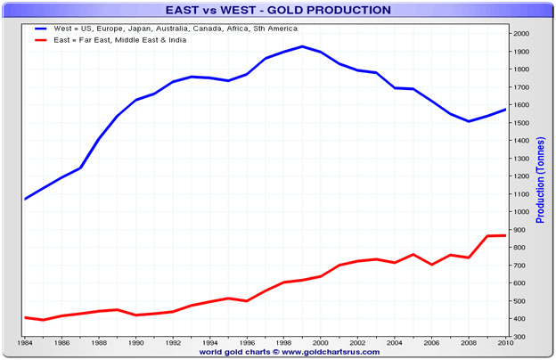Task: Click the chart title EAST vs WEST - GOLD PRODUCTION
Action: click(278, 10)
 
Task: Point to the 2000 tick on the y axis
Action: click(520, 33)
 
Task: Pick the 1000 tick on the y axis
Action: click(520, 212)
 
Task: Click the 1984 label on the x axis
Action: click(26, 343)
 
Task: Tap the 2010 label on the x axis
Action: click(505, 343)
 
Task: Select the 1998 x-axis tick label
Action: click(284, 343)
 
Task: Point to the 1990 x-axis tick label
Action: click(136, 343)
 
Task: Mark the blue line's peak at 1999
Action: click(302, 46)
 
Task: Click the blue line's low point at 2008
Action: click(469, 121)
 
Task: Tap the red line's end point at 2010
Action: click(505, 235)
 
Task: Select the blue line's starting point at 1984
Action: click(26, 199)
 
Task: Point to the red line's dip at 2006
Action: click(431, 265)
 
